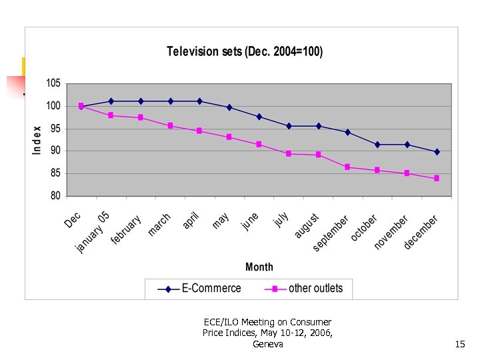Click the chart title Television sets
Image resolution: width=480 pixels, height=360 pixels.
[244, 51]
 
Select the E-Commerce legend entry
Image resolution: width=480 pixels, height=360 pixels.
[199, 289]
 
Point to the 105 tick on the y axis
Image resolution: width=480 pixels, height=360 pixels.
[53, 83]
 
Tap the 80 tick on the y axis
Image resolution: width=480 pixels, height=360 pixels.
[53, 196]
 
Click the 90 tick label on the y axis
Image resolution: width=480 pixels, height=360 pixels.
[53, 151]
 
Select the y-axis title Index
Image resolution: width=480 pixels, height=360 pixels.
[37, 140]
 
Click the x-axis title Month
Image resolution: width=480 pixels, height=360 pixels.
[259, 267]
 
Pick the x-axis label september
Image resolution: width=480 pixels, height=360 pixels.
[331, 233]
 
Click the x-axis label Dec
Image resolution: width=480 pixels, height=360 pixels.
[73, 220]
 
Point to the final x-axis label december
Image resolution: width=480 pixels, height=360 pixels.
[421, 232]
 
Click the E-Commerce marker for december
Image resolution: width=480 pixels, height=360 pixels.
[437, 152]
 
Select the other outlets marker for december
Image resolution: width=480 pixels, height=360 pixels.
[437, 178]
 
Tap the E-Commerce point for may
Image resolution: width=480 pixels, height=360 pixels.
[229, 107]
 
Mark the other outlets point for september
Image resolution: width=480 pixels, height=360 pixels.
[347, 167]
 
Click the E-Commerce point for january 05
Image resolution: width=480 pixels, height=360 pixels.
[111, 101]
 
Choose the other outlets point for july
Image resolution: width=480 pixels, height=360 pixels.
[289, 153]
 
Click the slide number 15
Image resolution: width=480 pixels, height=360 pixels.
[460, 344]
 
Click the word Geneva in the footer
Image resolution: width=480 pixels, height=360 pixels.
[268, 344]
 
